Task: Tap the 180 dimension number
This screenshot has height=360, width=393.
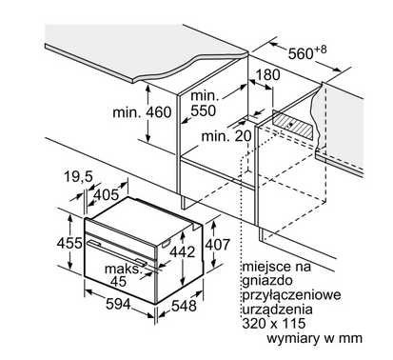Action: click(x=267, y=74)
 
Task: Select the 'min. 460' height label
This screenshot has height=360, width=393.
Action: click(x=142, y=112)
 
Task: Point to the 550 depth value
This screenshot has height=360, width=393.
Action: click(x=203, y=110)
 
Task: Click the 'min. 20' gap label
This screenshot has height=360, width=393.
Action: click(x=226, y=136)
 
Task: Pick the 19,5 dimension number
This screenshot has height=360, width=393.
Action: click(x=78, y=176)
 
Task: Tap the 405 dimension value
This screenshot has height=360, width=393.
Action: click(x=107, y=194)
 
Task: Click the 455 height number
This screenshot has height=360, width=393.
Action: click(x=69, y=243)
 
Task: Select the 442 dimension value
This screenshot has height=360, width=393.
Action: click(x=182, y=251)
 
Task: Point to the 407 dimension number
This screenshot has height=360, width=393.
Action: click(x=217, y=245)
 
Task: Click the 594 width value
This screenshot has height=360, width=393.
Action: click(x=118, y=305)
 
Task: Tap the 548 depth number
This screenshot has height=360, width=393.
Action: click(x=184, y=306)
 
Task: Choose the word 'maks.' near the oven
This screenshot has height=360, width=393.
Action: click(x=123, y=269)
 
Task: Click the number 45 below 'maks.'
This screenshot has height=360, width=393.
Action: click(x=118, y=282)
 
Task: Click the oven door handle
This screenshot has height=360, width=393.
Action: click(x=118, y=253)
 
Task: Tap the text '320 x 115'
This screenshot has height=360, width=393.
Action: click(x=274, y=323)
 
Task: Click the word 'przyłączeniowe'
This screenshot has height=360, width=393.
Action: click(x=291, y=295)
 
